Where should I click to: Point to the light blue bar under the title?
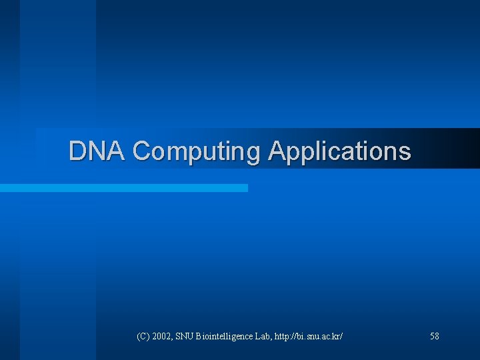(124, 188)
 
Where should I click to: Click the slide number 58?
(435, 337)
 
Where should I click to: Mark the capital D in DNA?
(78, 151)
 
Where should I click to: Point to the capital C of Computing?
(142, 151)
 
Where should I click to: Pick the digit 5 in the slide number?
(432, 337)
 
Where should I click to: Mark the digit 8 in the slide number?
(437, 337)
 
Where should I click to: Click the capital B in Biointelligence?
(199, 337)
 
